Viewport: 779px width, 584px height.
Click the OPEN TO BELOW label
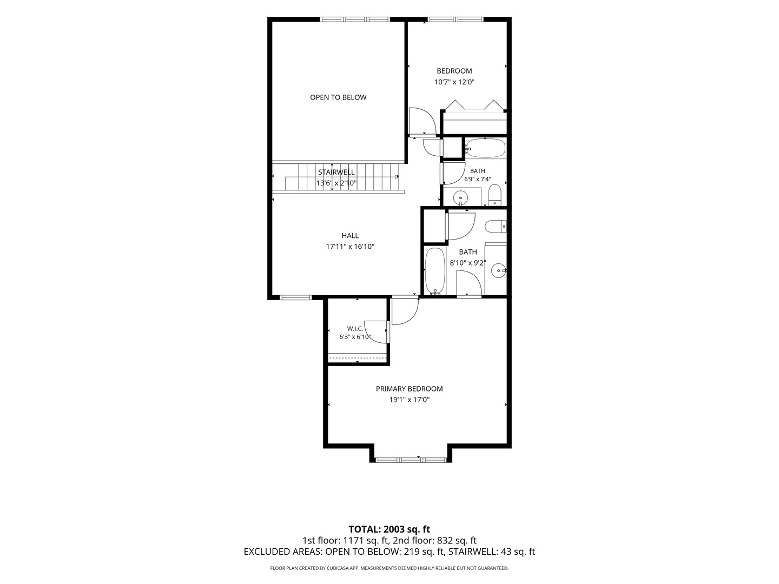point(338,97)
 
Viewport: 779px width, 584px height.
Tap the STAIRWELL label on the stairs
point(336,172)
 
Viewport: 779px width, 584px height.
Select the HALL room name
point(350,235)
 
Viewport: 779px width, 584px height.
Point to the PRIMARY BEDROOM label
point(409,389)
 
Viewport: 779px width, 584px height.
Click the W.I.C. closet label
point(355,329)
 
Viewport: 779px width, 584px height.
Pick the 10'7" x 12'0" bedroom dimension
point(454,82)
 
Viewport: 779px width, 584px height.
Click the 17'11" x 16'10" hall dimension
point(350,247)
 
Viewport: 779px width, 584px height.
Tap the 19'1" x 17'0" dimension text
point(409,400)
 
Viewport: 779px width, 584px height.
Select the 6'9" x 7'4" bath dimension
point(477,179)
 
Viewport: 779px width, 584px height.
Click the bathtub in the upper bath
point(485,148)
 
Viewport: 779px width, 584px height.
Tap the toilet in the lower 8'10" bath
point(496,226)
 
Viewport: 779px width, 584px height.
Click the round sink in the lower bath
point(498,271)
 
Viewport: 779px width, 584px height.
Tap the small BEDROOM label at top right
point(454,71)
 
